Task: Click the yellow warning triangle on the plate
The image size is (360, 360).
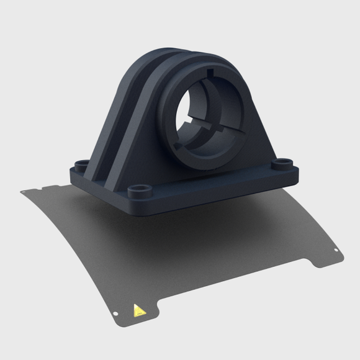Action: click(x=138, y=310)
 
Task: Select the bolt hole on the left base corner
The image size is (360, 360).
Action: click(x=81, y=164)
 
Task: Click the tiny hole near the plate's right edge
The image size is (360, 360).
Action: click(x=336, y=251)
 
